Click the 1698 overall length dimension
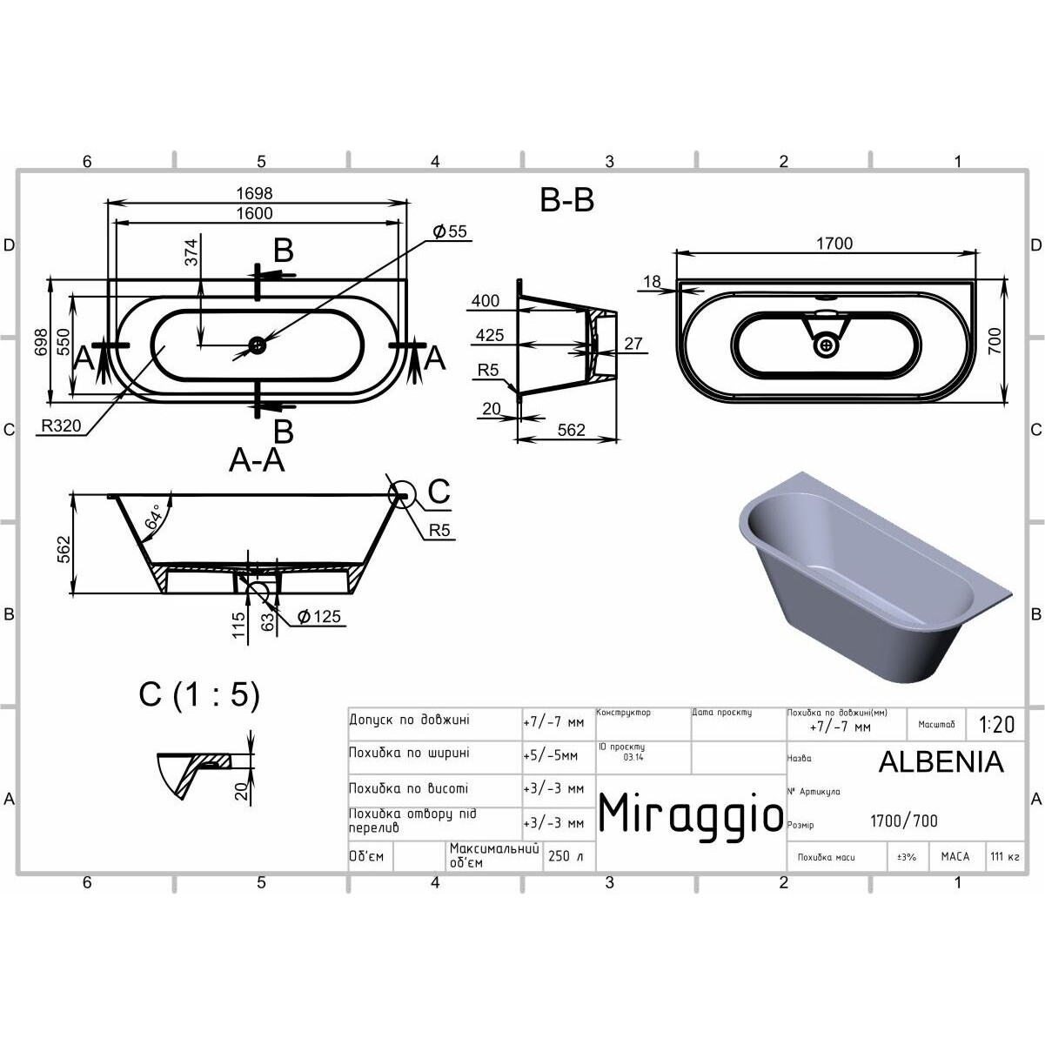click(x=254, y=192)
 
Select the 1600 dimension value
click(x=254, y=213)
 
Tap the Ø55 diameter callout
click(x=450, y=231)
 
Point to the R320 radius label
click(x=61, y=426)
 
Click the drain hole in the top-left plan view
click(x=257, y=344)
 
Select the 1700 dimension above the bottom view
click(x=834, y=244)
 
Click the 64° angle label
click(x=153, y=516)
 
